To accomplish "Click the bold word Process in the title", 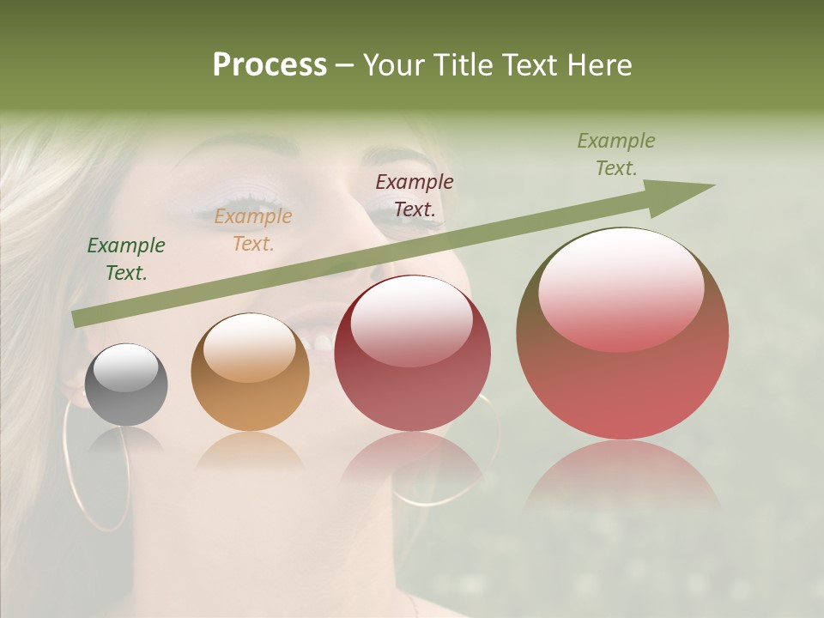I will point(270,65).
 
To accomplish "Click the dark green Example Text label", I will point(126,259).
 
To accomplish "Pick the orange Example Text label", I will point(253,230).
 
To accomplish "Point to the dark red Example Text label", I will point(415,195).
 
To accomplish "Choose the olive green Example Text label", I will point(616,154).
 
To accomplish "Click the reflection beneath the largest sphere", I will point(622,476).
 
